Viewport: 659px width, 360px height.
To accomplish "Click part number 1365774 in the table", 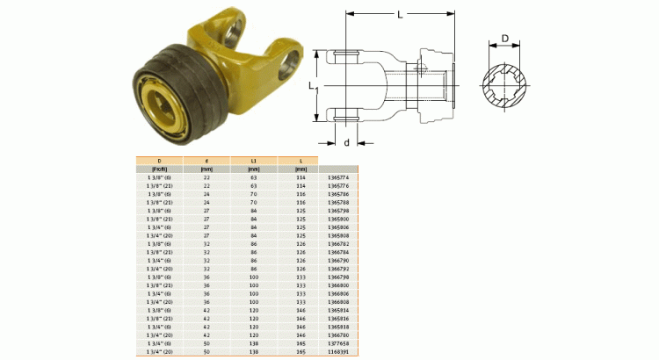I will click(338, 177).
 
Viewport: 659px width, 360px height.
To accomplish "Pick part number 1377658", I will click(338, 343).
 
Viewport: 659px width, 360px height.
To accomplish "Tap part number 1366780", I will click(338, 335).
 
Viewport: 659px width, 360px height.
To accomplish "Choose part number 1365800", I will click(338, 219).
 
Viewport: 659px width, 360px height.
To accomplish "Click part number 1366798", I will click(338, 277).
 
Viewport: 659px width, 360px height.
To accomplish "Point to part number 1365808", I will click(338, 235).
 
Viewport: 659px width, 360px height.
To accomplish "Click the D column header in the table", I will click(159, 160).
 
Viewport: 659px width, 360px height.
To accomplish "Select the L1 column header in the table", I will click(254, 160).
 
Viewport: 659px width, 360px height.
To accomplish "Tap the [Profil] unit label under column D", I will click(159, 169).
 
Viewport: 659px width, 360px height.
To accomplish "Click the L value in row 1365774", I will click(301, 177).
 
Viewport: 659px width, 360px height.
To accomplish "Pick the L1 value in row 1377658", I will click(254, 343).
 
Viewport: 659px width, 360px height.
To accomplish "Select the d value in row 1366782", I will click(207, 244).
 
